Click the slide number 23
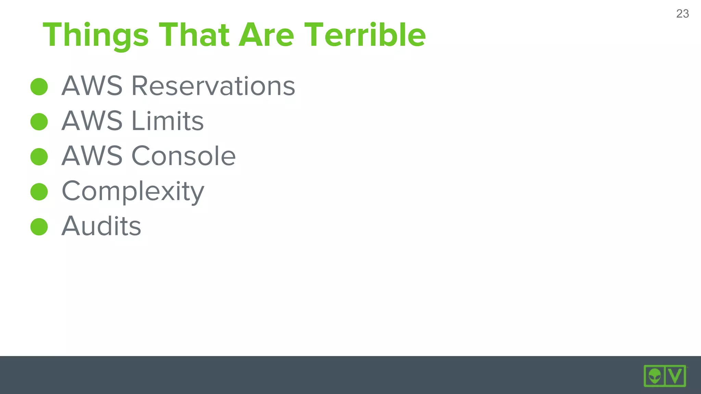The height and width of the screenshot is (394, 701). click(682, 14)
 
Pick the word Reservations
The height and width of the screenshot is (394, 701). click(213, 86)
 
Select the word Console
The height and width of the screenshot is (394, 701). click(183, 156)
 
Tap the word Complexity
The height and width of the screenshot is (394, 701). click(133, 192)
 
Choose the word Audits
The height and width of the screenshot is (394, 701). click(101, 226)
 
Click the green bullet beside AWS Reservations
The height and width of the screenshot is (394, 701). click(39, 87)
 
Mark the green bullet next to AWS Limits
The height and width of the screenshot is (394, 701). click(39, 122)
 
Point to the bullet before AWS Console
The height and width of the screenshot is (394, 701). click(39, 157)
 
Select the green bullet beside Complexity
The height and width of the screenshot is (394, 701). click(39, 192)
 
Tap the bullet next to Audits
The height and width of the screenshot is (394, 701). click(39, 227)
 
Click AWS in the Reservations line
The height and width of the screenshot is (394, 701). click(92, 86)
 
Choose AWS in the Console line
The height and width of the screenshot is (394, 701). click(92, 156)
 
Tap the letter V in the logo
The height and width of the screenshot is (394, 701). click(675, 376)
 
